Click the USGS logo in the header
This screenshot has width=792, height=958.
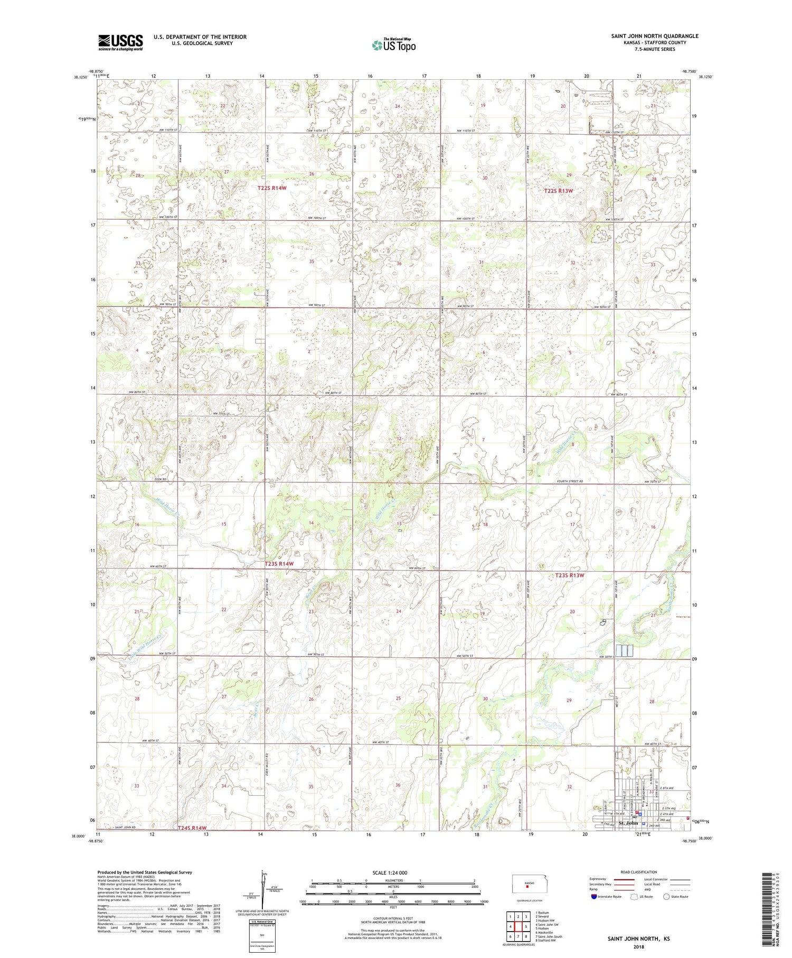pyautogui.click(x=120, y=42)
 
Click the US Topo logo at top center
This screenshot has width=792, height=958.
pyautogui.click(x=393, y=45)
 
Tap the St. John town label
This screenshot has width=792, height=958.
pyautogui.click(x=628, y=823)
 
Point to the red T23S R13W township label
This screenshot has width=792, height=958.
pyautogui.click(x=570, y=575)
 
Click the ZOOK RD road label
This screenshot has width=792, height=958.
pyautogui.click(x=161, y=479)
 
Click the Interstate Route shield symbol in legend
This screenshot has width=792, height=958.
pyautogui.click(x=594, y=897)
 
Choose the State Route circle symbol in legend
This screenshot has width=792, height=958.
pyautogui.click(x=666, y=897)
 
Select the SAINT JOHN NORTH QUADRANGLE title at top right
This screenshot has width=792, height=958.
pyautogui.click(x=654, y=36)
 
